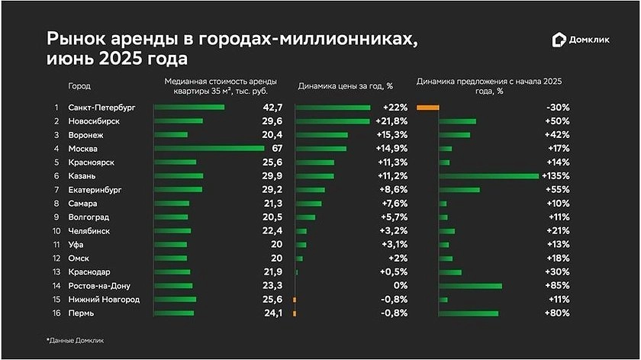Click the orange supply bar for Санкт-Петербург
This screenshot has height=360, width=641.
pyautogui.click(x=428, y=107)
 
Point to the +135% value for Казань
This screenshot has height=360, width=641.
pyautogui.click(x=556, y=175)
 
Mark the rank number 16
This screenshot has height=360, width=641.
pyautogui.click(x=54, y=313)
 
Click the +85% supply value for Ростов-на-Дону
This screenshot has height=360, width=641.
pyautogui.click(x=557, y=285)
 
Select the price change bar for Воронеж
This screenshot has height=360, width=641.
pyautogui.click(x=321, y=134)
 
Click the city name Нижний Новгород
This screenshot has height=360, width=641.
pyautogui.click(x=104, y=299)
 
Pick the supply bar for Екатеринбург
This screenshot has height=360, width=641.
pyautogui.click(x=459, y=189)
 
